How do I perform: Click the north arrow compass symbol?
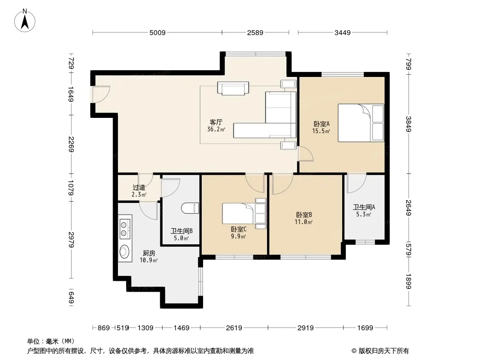(x=25, y=21)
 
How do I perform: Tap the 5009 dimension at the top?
(x=157, y=32)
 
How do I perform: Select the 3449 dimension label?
(x=342, y=32)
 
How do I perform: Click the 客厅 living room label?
(x=216, y=122)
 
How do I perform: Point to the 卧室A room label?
(x=322, y=124)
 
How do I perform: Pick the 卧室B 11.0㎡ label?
(x=303, y=218)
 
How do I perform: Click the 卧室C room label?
(x=239, y=229)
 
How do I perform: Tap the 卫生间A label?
(x=364, y=207)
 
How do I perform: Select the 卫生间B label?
(x=181, y=231)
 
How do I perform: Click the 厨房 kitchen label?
(x=149, y=253)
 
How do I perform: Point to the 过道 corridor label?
(x=139, y=187)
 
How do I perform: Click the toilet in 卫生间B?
(x=190, y=208)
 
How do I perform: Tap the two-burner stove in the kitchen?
(x=125, y=229)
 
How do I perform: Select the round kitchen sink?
(x=124, y=252)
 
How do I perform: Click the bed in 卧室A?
(x=361, y=123)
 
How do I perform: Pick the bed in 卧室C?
(x=244, y=213)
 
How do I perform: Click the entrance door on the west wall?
(x=100, y=94)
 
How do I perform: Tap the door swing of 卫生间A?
(x=356, y=184)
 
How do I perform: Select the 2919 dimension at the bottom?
(x=305, y=328)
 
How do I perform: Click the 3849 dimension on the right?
(x=408, y=124)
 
